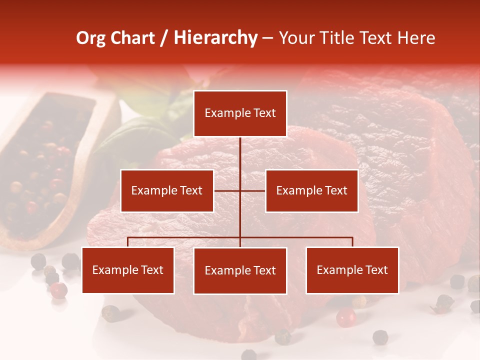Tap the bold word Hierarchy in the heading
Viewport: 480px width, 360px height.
tap(215, 38)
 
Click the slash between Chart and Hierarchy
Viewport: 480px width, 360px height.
tap(164, 38)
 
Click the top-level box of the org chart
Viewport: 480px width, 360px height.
tap(240, 113)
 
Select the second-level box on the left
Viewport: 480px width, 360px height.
tap(167, 190)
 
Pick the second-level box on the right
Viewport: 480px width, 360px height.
tap(311, 190)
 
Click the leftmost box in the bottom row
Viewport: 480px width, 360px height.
tap(128, 270)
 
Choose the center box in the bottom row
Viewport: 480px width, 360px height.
tap(240, 270)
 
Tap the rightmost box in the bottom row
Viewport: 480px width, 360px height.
tap(352, 270)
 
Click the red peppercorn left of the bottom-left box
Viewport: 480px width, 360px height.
tap(59, 289)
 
